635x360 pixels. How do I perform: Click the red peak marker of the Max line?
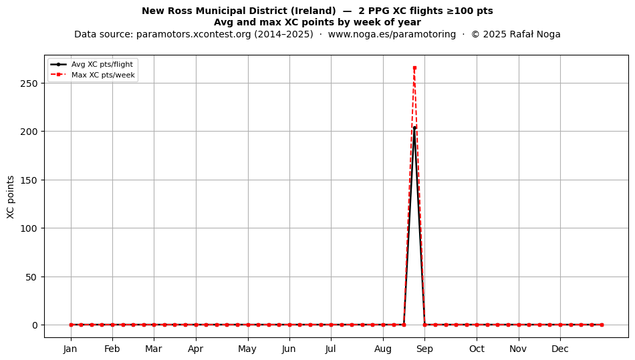[x=414, y=68]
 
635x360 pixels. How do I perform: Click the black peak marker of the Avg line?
[x=414, y=128]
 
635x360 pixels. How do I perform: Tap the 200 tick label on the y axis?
[x=29, y=132]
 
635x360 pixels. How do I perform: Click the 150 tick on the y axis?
[x=29, y=180]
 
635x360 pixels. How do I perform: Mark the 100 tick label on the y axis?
[x=29, y=228]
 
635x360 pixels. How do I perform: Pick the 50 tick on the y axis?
[x=31, y=277]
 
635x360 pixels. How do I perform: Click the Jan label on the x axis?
[x=70, y=349]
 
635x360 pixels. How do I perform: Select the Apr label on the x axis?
[x=196, y=349]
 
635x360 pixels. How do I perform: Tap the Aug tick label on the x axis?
[x=383, y=349]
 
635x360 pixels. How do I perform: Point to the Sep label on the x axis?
[x=424, y=349]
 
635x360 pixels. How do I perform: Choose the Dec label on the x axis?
[x=560, y=349]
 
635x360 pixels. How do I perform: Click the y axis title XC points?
[x=11, y=197]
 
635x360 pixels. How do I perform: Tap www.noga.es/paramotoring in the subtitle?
[x=392, y=34]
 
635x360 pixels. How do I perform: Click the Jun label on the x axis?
[x=289, y=349]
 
